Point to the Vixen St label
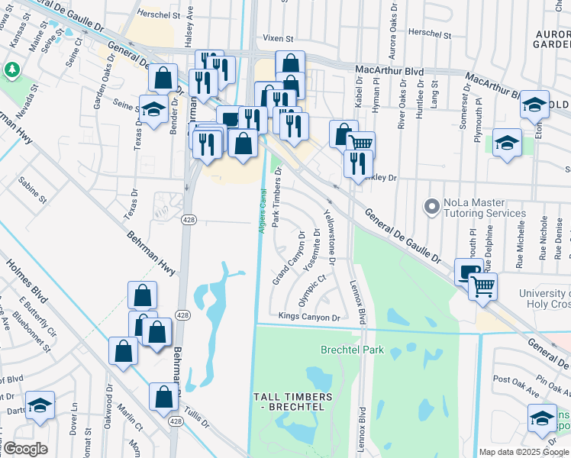278,38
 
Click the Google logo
26,449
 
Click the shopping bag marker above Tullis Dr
163,397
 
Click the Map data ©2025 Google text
523,452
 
